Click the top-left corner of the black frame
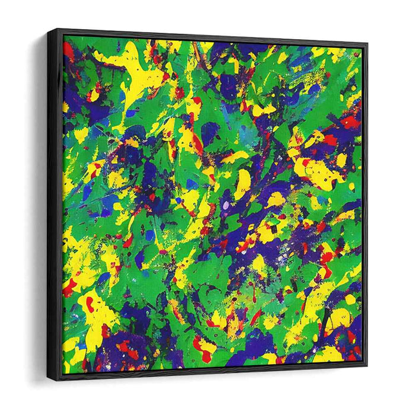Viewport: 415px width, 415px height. tap(50, 29)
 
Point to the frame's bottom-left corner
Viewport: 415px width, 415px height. tap(50, 380)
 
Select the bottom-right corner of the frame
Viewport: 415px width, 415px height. tap(366, 363)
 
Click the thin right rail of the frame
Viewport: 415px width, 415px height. tap(364, 205)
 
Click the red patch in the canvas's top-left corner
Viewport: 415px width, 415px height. tap(69, 50)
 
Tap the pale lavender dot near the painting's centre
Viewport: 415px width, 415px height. tap(225, 205)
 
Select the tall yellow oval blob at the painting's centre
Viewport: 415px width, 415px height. tap(243, 184)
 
